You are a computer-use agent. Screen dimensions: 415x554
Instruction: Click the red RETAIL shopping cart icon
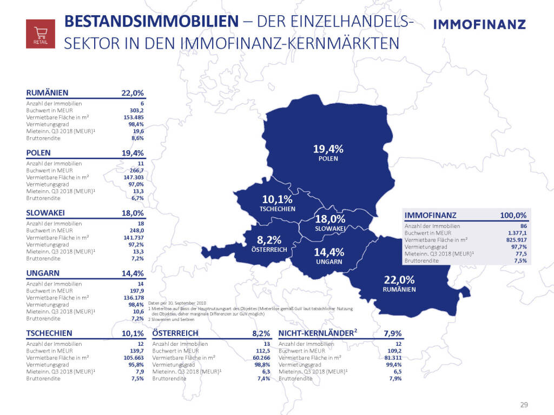click(41, 34)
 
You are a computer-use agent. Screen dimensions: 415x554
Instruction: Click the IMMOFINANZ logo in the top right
click(479, 24)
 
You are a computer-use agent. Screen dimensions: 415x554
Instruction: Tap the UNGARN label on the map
click(329, 262)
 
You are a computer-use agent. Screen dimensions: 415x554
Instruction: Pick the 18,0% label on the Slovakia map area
click(330, 219)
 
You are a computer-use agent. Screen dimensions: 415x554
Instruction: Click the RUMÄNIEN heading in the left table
click(47, 92)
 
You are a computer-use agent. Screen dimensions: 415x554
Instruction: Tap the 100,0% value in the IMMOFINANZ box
click(513, 215)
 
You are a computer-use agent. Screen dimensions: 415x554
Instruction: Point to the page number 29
click(524, 405)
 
